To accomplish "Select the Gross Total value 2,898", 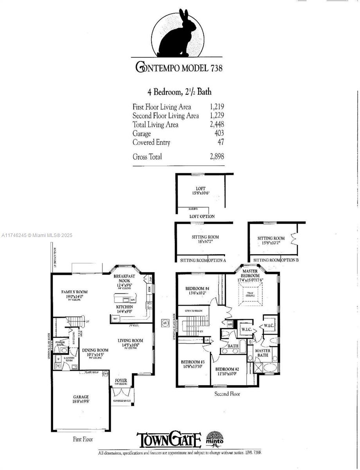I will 216,157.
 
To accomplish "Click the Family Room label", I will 74,292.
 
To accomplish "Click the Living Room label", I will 130,340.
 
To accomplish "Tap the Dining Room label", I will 95,350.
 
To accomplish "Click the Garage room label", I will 81,397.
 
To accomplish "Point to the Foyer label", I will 121,380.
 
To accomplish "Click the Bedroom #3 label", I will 193,362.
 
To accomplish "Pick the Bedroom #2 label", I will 227,369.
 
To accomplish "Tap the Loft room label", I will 200,189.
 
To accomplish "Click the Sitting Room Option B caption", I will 276,260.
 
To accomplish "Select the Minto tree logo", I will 214,438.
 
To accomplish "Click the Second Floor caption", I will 227,394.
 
